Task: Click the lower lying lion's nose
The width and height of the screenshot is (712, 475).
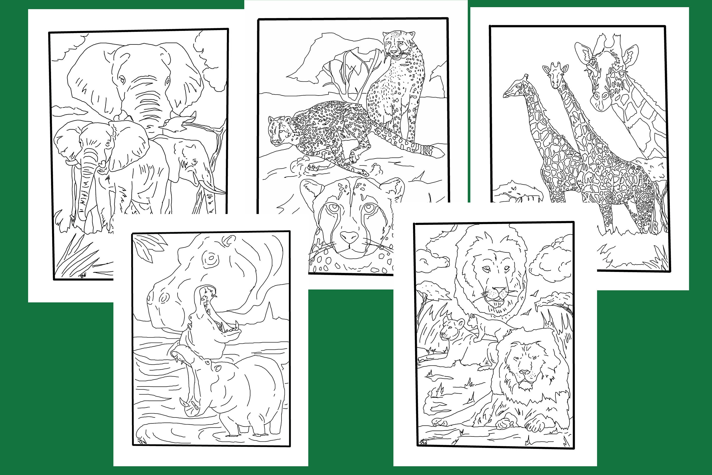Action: [x=524, y=373]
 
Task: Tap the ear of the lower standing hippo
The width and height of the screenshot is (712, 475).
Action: [x=217, y=368]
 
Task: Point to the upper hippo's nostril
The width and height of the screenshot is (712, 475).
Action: [x=165, y=298]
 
